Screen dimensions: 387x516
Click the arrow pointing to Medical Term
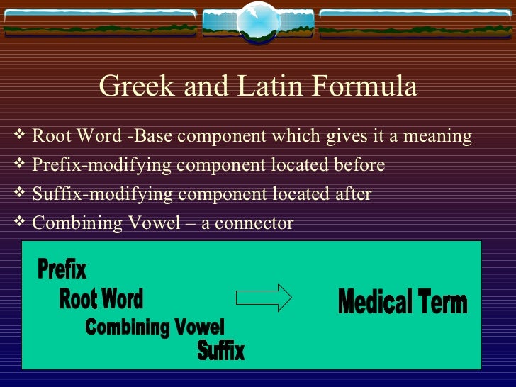tap(263, 297)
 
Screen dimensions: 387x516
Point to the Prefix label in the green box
tap(62, 269)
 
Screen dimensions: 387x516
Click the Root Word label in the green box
tap(101, 299)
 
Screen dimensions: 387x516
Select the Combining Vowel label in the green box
tap(155, 327)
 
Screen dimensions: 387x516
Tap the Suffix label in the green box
tap(221, 350)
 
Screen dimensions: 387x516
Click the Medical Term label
tap(403, 303)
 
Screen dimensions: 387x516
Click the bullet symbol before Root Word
tap(19, 135)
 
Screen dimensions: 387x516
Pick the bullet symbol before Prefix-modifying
tap(19, 164)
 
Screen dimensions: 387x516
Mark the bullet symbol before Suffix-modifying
tap(19, 193)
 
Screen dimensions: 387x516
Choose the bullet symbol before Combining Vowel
tap(19, 222)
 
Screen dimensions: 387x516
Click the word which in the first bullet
tap(301, 136)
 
